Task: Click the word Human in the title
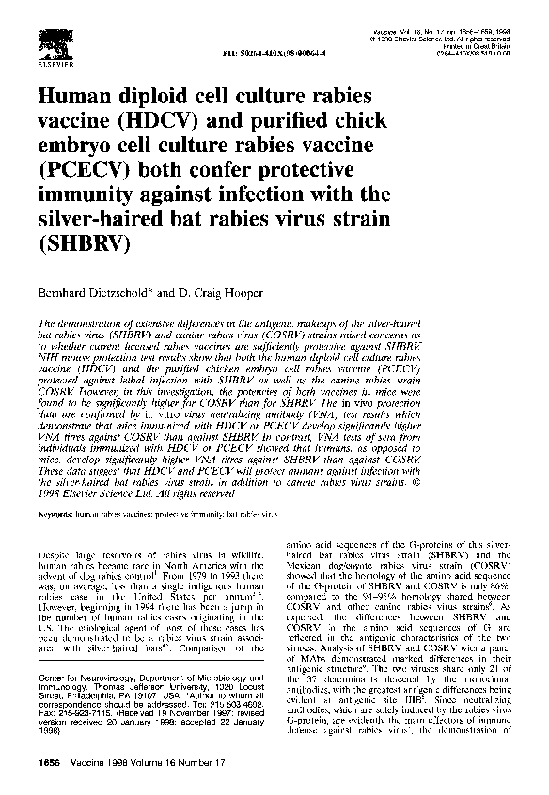pyautogui.click(x=77, y=98)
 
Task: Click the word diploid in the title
pyautogui.click(x=170, y=98)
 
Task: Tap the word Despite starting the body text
pyautogui.click(x=58, y=545)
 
